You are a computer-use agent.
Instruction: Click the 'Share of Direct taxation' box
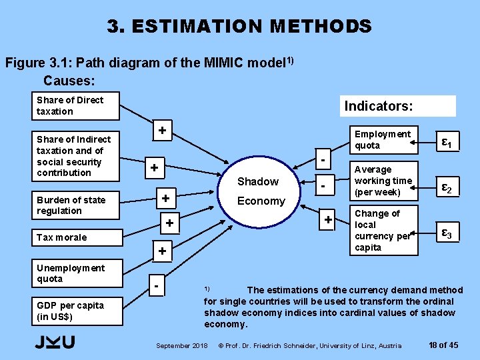(x=77, y=106)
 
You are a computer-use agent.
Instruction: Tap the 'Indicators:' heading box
(x=398, y=106)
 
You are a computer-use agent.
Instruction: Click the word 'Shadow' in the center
(x=258, y=182)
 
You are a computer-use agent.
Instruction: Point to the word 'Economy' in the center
(x=261, y=201)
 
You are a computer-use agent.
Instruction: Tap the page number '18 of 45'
(x=443, y=345)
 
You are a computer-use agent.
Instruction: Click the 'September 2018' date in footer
(x=181, y=345)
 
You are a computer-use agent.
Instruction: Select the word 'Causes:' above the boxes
(x=69, y=81)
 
